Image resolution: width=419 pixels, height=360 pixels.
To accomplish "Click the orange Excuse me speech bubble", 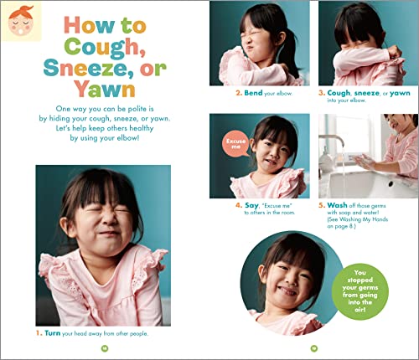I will pos(235,142).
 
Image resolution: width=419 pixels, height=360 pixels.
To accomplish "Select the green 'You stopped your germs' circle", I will pos(360,286).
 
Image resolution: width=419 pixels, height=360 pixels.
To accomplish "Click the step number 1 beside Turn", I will pos(39,332).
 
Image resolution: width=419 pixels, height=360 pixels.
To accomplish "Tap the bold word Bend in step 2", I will pos(253,93).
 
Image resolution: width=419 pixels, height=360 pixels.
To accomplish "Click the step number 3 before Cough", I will pos(321,93).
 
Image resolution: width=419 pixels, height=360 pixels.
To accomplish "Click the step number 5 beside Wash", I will pos(321,203).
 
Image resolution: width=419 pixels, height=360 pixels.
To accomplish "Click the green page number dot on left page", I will pos(105,347).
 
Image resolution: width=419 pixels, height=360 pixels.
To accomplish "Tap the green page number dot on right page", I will pos(313,347).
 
